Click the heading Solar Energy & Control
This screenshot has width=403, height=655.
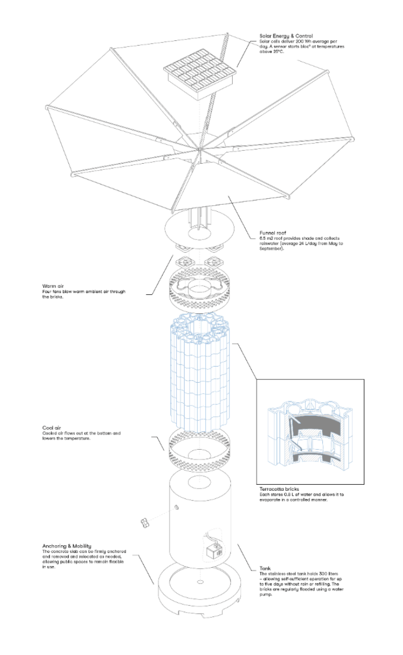pyautogui.click(x=286, y=36)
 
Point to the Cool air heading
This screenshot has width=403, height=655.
pyautogui.click(x=52, y=427)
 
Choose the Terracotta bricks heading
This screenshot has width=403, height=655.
pyautogui.click(x=281, y=488)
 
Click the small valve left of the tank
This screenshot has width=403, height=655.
pyautogui.click(x=145, y=522)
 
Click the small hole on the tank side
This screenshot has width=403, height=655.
pyautogui.click(x=176, y=508)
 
